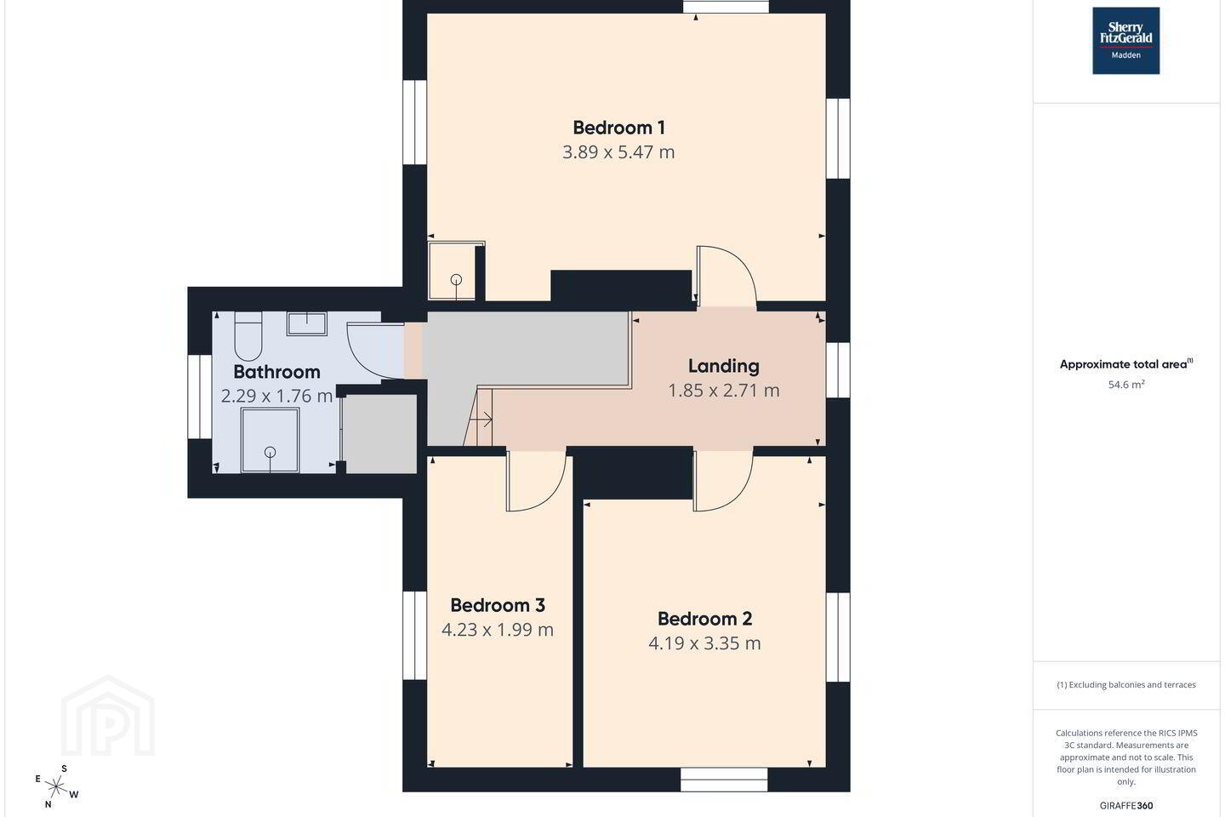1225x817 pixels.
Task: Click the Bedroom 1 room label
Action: tap(618, 128)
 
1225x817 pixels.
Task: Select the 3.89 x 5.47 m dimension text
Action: tap(618, 152)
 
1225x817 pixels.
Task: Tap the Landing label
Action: tap(723, 366)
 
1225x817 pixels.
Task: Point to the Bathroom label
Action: tap(276, 372)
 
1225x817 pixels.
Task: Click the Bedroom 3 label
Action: tap(498, 605)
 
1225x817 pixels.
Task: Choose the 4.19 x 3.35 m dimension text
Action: tap(704, 643)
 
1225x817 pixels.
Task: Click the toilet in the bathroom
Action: tap(248, 336)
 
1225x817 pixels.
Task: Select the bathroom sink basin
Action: tap(307, 323)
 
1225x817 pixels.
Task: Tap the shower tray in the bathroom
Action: tap(270, 440)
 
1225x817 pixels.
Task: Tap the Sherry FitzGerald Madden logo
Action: tap(1126, 41)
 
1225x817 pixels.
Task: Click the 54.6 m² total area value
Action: tap(1126, 385)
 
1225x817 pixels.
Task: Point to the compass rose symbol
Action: tap(56, 788)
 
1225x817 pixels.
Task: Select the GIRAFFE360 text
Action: tap(1126, 805)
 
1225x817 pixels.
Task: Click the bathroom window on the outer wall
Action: tap(200, 397)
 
